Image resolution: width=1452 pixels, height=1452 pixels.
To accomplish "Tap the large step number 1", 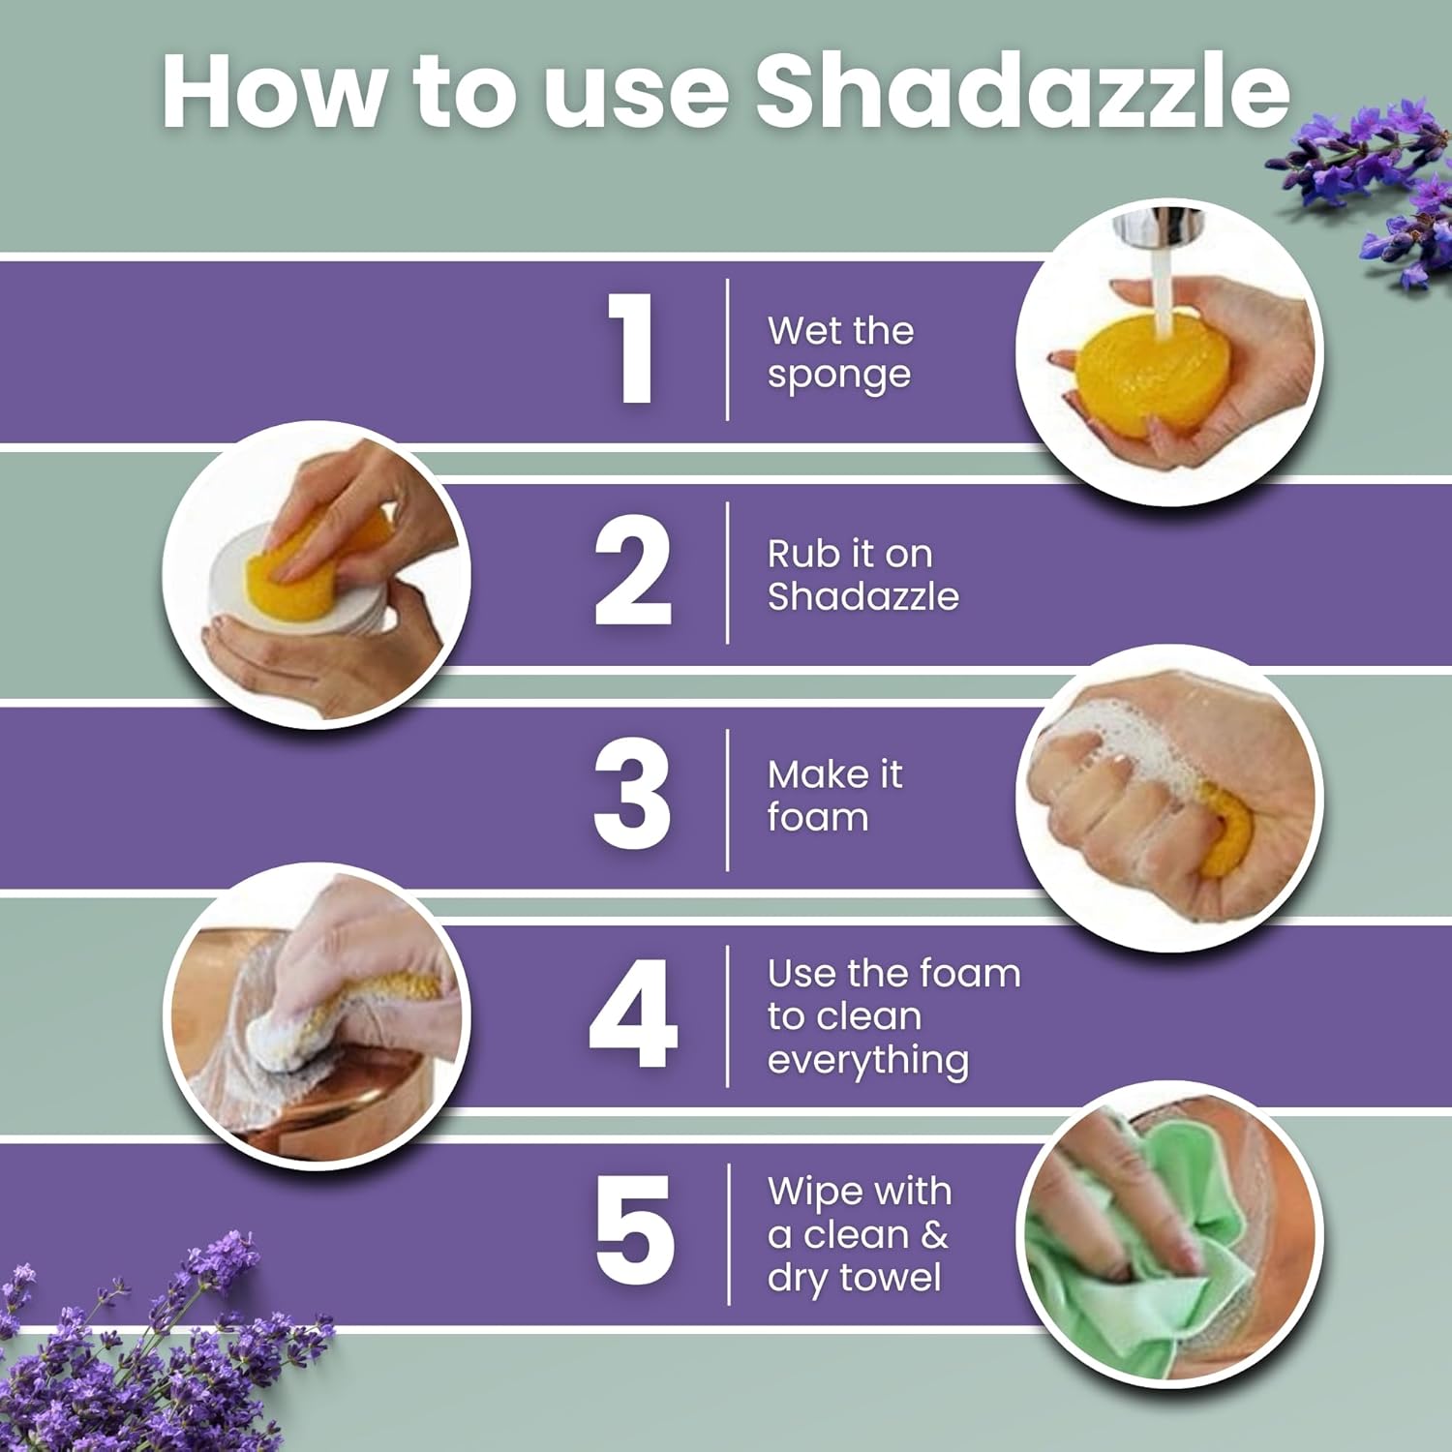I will tap(634, 348).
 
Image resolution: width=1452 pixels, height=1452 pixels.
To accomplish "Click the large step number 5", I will tap(634, 1230).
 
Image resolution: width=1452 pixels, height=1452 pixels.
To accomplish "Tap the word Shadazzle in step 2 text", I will tap(862, 596).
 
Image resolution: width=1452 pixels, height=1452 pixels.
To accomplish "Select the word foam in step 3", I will tap(818, 818).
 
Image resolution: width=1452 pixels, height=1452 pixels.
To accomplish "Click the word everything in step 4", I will tap(867, 1061).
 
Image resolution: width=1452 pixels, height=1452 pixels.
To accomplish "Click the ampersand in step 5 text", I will tap(934, 1235).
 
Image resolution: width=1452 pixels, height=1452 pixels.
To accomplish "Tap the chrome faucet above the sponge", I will tap(1157, 228).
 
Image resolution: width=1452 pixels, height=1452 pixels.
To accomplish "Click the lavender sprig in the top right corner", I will tap(1375, 174).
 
